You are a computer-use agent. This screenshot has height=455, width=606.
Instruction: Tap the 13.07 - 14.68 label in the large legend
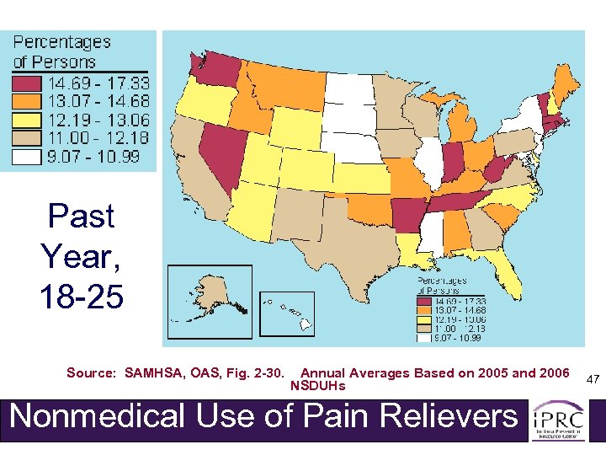click(x=98, y=101)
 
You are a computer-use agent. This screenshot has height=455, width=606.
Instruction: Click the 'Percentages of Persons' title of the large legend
click(x=61, y=51)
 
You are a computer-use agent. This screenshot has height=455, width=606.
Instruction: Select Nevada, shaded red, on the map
click(x=227, y=152)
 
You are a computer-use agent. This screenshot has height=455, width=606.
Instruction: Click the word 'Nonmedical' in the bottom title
click(x=94, y=416)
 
